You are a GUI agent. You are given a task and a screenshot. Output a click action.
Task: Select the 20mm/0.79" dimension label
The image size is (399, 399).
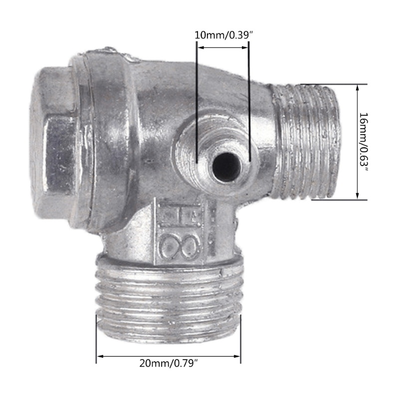point(169,363)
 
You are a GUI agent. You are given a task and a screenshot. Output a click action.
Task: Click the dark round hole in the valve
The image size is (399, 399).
point(226,167)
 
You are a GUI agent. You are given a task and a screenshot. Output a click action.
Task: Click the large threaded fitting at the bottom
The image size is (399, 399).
point(169,298)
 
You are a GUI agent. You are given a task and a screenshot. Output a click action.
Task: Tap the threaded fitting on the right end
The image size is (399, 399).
point(307,142)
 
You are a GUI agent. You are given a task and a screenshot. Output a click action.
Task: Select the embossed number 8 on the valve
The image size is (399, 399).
point(180,245)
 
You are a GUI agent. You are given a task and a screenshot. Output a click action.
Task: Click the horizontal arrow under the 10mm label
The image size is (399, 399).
point(223,47)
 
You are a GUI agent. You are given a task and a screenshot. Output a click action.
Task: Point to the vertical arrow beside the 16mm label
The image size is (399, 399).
point(357,142)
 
